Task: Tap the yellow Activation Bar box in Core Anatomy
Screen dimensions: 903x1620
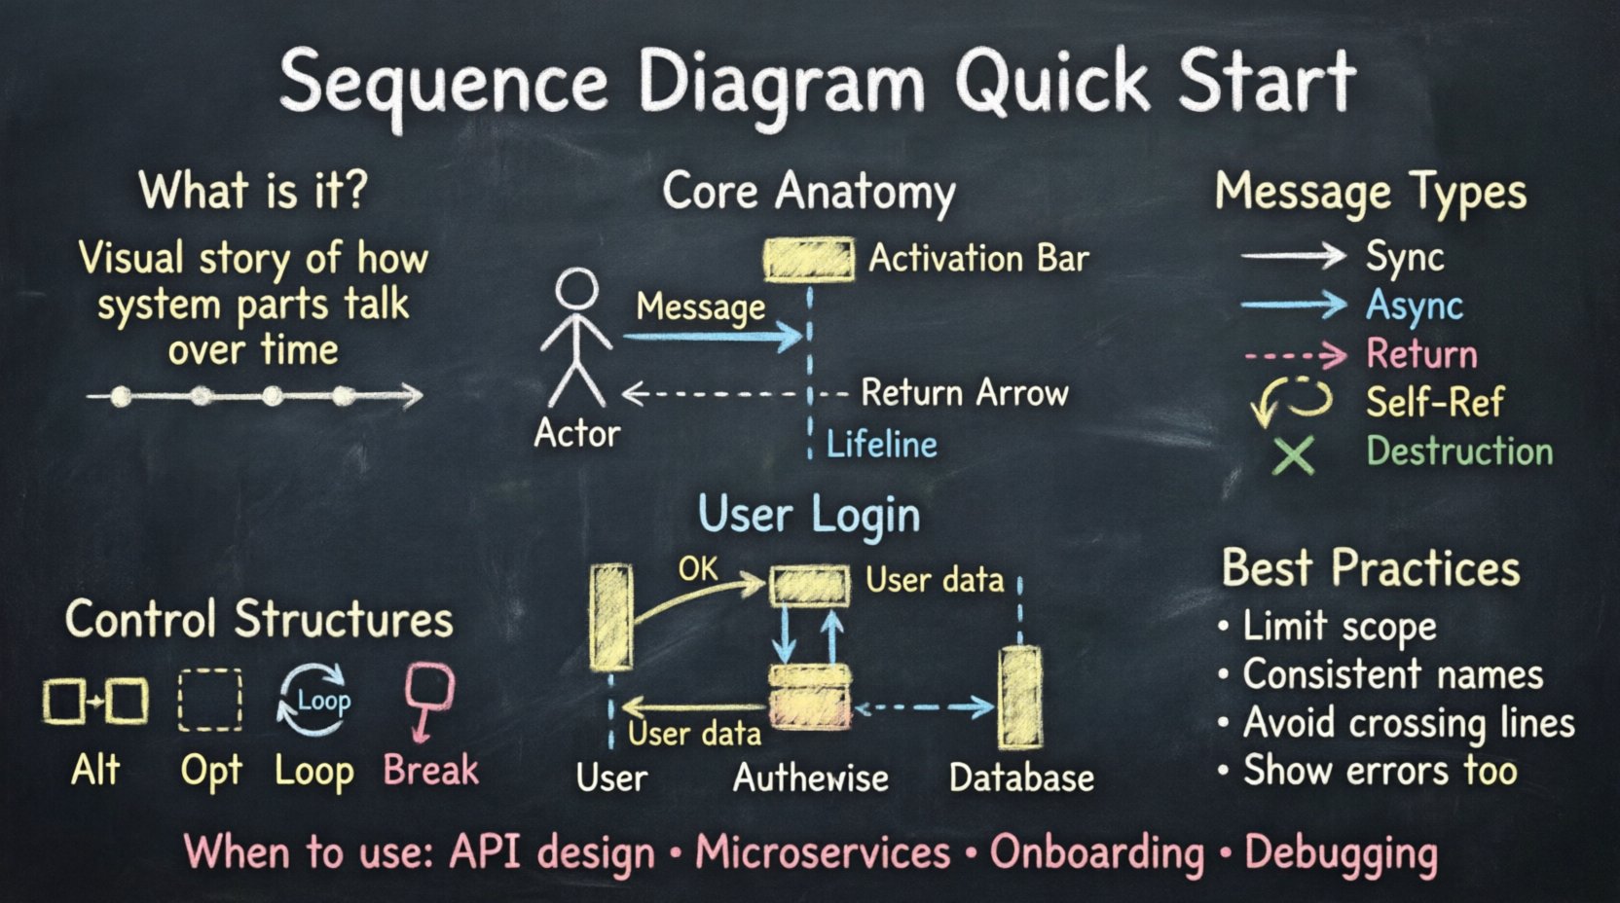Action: coord(809,260)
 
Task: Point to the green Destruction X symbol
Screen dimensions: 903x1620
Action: coord(1294,453)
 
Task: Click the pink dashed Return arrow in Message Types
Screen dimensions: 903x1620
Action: coord(1295,355)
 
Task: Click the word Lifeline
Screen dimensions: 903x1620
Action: coord(882,445)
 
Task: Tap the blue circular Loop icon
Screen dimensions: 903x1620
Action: coord(313,699)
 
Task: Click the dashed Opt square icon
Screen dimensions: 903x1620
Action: coord(210,700)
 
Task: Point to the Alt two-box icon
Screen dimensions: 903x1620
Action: coord(95,700)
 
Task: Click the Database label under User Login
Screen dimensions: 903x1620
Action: coord(1021,778)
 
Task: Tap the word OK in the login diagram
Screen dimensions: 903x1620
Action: coord(698,568)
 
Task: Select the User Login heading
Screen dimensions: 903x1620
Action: coord(809,514)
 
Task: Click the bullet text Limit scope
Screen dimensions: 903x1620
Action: coord(1339,627)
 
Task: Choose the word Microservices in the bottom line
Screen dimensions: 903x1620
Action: coord(823,852)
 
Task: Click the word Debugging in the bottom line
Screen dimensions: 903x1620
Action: coord(1341,852)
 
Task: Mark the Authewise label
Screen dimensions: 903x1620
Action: coord(810,778)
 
